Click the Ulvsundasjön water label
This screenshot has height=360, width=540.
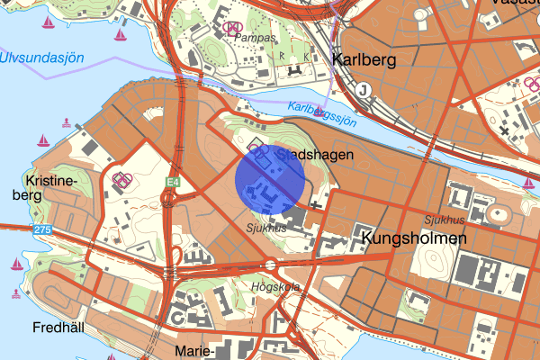coord(41,58)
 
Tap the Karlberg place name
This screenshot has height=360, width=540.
coord(364,59)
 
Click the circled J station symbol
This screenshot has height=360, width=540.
coord(364,89)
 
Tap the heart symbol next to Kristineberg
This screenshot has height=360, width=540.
coord(121,179)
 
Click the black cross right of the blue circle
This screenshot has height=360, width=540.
coord(316,205)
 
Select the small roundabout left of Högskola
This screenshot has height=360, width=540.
coord(269,265)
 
